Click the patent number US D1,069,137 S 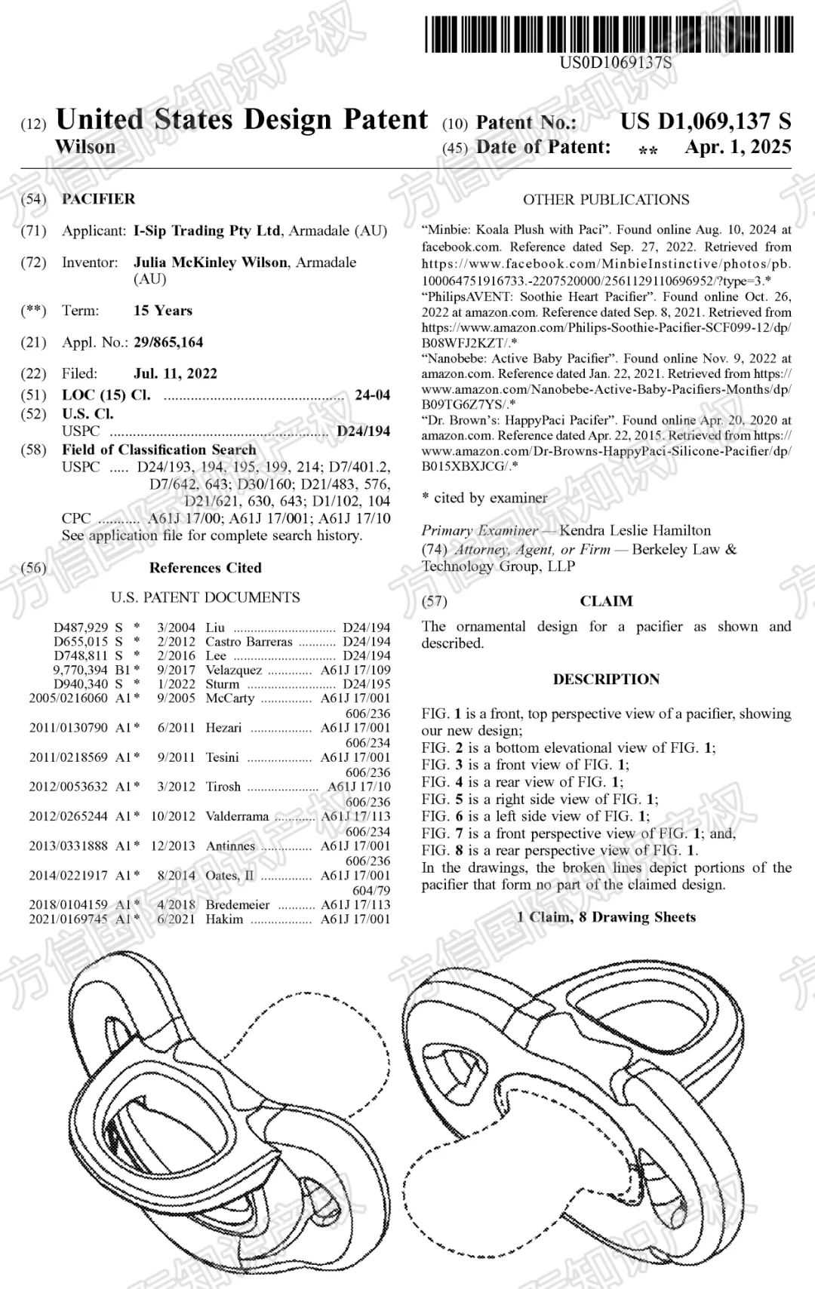tap(706, 121)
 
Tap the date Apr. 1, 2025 tap(737, 147)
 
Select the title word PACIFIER tap(99, 199)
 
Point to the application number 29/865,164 tap(168, 342)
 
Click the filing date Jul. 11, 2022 tap(175, 373)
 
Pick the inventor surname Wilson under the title tap(86, 147)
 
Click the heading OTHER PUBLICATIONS tap(606, 200)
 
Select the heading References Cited tap(205, 568)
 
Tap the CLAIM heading tap(606, 601)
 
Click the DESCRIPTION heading tap(606, 679)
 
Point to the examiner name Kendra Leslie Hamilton tap(635, 530)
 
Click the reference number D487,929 tap(81, 628)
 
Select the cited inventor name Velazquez tap(234, 670)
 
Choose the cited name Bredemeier tap(238, 904)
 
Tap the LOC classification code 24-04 tap(373, 395)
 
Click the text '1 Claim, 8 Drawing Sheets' tap(606, 917)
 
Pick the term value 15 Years tap(163, 311)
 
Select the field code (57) tap(434, 601)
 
